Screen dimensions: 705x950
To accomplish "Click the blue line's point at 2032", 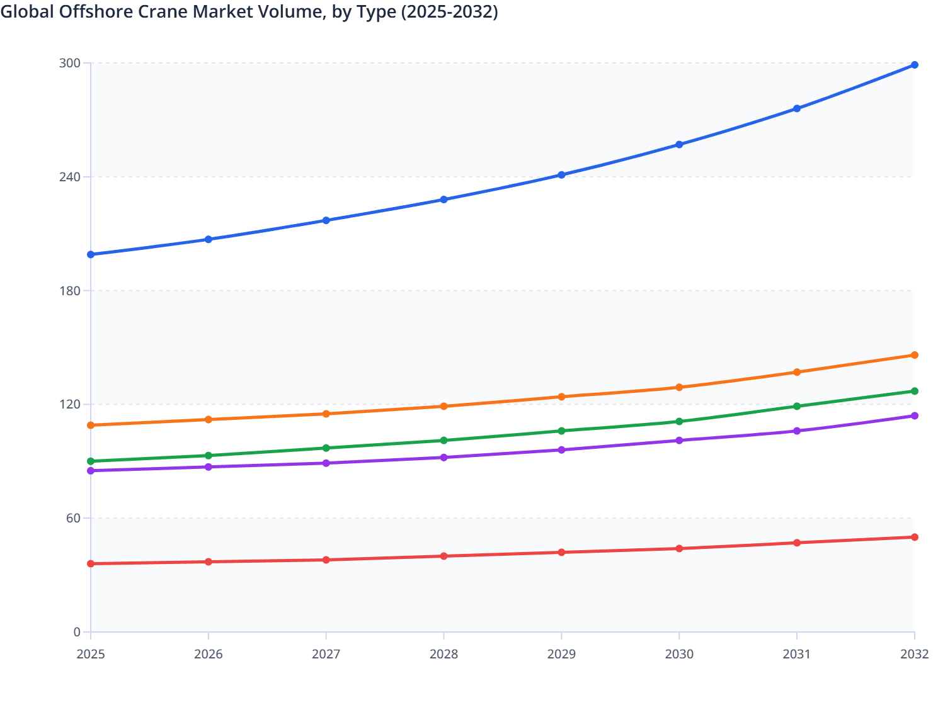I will coord(915,65).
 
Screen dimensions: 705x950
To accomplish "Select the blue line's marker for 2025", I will coord(91,254).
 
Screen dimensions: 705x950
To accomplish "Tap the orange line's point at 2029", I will coord(561,397).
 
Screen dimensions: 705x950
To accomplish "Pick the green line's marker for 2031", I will coord(797,406).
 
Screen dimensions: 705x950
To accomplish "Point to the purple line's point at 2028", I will coord(444,458).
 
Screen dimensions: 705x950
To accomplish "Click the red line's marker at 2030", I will coord(679,548).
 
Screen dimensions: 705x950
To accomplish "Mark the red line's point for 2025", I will coord(91,563).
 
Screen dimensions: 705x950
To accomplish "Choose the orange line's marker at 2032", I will coord(915,355).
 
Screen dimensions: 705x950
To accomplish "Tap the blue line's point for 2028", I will coord(444,200).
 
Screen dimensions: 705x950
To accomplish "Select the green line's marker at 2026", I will coord(209,455).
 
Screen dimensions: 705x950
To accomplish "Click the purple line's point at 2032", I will coord(915,415).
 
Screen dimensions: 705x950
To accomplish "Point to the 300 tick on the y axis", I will coord(70,63).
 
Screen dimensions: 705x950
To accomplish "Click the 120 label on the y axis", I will coord(70,404).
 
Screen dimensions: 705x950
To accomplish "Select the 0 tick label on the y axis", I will coord(77,632).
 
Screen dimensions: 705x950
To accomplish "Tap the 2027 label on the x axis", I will coord(326,654).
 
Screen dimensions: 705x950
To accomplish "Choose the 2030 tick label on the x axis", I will coord(679,654).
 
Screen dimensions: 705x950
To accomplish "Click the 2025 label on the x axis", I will coord(91,654).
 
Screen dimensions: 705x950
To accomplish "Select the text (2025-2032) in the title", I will coord(449,11).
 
